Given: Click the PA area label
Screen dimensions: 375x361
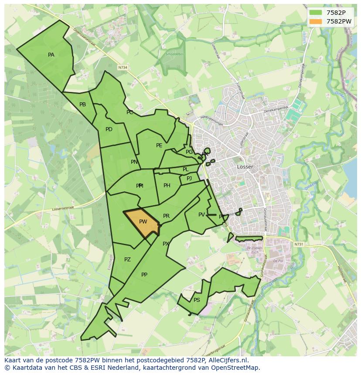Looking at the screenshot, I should coord(51,55).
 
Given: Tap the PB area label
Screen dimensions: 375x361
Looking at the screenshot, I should coord(82,105).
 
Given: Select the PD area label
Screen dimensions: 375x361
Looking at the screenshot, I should coord(109,129).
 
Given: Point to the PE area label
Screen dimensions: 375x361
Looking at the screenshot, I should coord(159,145).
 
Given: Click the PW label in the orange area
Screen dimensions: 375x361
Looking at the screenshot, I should coord(143,222).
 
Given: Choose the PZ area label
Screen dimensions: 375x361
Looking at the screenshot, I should coord(127,260).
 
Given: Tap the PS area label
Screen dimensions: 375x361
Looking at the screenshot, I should coord(197,300).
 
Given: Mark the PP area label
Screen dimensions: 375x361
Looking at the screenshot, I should coord(144,275).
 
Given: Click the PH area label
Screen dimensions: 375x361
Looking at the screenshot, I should coord(167,186).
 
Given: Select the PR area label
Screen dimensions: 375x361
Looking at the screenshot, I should coord(166,216).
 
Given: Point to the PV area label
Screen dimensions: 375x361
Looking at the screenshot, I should coord(201,215).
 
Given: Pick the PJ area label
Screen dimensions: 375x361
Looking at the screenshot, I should coord(189,179).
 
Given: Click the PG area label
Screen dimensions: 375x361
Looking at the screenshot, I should coord(189,152).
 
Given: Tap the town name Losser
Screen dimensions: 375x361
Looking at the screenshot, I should coord(245,167).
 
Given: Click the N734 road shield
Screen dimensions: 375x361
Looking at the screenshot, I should coord(123,68).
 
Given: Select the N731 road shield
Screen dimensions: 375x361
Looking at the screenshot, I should coord(298,244).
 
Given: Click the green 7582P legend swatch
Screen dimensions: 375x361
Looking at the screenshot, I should coord(316,13).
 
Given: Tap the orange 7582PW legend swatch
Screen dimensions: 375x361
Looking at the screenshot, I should coord(316,21).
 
